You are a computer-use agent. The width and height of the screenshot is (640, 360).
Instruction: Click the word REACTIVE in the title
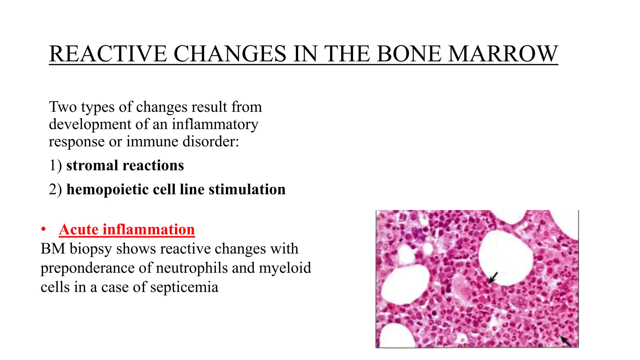(108, 54)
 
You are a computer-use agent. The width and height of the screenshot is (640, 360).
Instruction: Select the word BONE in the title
(409, 54)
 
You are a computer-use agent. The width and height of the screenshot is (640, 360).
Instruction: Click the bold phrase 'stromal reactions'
(125, 165)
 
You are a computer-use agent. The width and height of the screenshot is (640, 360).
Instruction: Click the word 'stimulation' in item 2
(247, 189)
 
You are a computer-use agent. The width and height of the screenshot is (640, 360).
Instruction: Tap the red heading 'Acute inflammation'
(127, 229)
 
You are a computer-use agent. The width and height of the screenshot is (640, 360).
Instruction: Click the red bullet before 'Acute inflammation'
(44, 230)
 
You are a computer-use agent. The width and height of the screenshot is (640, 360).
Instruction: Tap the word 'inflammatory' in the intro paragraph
(215, 124)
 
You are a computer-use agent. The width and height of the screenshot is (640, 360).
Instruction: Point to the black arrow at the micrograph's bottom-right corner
(566, 341)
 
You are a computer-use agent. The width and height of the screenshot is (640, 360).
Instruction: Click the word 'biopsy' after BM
(91, 249)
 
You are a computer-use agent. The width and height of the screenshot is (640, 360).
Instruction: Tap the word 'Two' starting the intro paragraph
(63, 107)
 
